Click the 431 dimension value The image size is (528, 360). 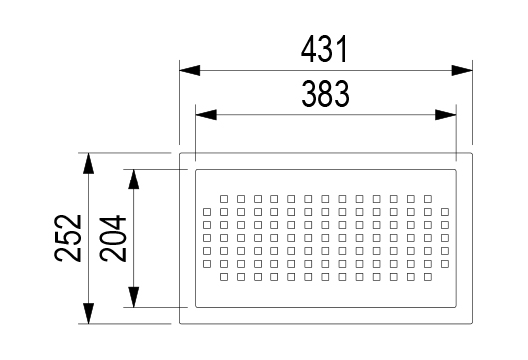[324, 50]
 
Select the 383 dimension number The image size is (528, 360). [325, 94]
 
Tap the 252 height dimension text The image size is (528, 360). [68, 238]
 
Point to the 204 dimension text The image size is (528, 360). [113, 238]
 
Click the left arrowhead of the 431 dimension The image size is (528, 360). [190, 71]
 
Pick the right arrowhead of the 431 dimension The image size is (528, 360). [462, 71]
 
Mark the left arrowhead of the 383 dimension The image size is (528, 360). [206, 115]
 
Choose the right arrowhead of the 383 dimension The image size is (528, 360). [446, 115]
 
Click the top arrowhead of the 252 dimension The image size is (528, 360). [88, 163]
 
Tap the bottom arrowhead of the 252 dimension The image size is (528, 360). [88, 313]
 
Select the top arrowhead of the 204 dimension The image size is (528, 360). [134, 179]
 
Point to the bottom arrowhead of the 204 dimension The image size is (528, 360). [134, 297]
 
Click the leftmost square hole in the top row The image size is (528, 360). [224, 199]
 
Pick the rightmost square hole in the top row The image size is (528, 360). [428, 199]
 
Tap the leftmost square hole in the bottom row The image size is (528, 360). [224, 277]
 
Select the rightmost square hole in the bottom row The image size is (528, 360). [428, 277]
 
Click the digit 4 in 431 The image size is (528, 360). [309, 50]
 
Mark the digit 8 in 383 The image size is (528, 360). [325, 94]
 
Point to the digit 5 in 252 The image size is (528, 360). [68, 238]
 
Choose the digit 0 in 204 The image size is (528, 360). [113, 238]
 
